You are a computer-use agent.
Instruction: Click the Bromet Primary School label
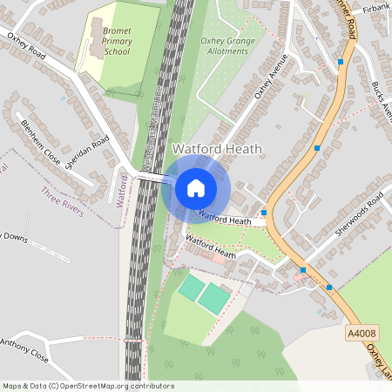(x=116, y=40)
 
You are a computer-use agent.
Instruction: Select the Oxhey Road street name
(x=26, y=46)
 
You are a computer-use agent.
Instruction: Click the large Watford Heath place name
(x=217, y=149)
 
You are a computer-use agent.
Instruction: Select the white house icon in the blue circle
(x=196, y=187)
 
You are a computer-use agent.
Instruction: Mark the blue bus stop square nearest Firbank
(x=340, y=62)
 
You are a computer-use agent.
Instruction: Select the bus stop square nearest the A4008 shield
(x=329, y=287)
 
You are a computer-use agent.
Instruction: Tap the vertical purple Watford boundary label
(x=122, y=187)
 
